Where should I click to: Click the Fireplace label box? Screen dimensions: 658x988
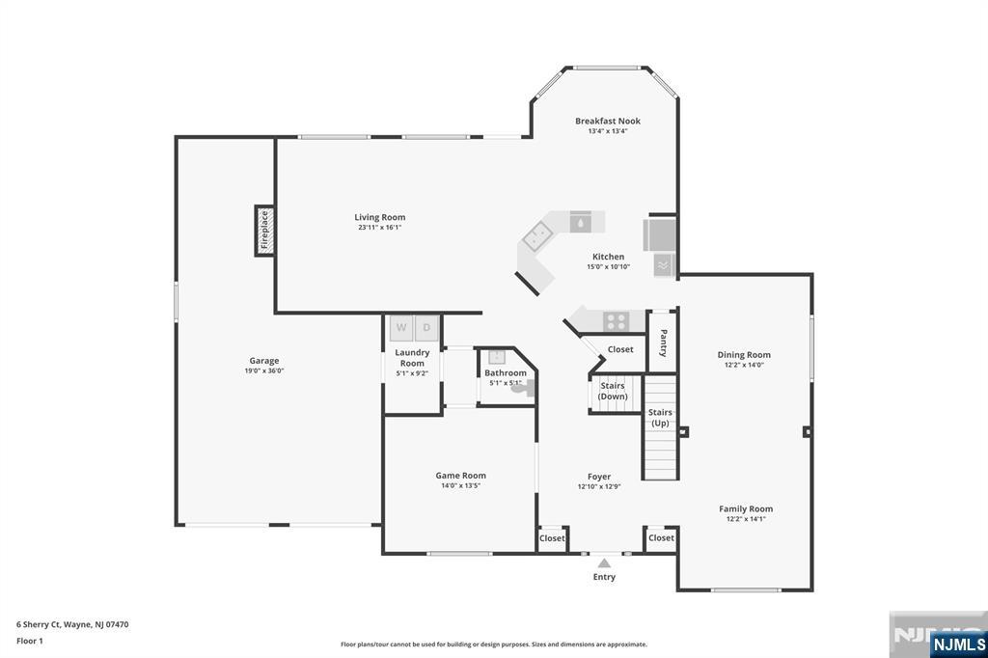pos(264,231)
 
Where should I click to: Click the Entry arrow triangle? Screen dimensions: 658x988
pos(604,562)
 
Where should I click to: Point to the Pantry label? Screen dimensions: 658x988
pos(663,343)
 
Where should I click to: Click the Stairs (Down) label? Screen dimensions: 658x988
pos(612,391)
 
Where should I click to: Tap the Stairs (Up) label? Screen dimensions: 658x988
pos(660,417)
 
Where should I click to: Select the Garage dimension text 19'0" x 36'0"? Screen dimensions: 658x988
pos(263,370)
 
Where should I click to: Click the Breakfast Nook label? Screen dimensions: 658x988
pos(608,121)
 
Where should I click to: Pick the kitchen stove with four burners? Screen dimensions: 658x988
pos(617,320)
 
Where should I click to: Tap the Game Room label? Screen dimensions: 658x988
pos(460,475)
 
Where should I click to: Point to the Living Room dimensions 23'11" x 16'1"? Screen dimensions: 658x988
pos(379,228)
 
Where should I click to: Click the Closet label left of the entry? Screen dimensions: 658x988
pos(552,538)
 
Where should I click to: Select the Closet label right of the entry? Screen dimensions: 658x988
pos(661,537)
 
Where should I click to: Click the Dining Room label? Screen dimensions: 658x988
pos(744,354)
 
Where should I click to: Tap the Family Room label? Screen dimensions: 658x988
pos(746,508)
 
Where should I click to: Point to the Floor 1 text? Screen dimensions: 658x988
pos(31,641)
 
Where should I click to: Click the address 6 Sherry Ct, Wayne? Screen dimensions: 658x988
pos(72,624)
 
